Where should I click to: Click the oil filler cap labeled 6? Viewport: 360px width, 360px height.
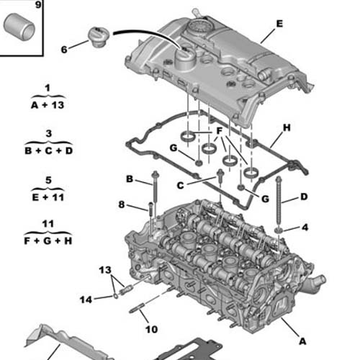pos(99,37)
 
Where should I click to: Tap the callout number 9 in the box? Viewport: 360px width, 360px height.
pos(38,4)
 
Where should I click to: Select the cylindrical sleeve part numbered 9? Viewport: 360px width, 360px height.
pos(19,27)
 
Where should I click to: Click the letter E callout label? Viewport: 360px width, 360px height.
pos(279,24)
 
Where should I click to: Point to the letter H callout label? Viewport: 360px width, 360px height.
pos(287,127)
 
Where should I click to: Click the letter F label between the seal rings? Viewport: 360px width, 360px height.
pos(219,131)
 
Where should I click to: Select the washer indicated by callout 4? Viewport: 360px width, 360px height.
pos(279,230)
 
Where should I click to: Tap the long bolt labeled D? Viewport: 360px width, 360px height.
pos(279,202)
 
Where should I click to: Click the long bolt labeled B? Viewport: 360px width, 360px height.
pos(155,189)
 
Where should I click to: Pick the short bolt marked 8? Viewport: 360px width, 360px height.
pos(150,209)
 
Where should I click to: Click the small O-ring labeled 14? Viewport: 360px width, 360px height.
pos(116,297)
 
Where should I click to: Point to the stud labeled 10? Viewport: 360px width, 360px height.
pos(137,308)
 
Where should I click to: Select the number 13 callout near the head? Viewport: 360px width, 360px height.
pos(105,270)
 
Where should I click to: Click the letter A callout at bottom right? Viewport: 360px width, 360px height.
pos(302,341)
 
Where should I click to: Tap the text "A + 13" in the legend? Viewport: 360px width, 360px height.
pos(48,105)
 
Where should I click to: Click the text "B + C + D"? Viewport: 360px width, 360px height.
pos(48,150)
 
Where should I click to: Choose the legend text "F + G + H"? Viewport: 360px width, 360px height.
pos(48,240)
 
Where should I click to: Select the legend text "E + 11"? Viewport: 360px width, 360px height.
pos(48,197)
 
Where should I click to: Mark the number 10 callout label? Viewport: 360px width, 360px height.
pos(152,329)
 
